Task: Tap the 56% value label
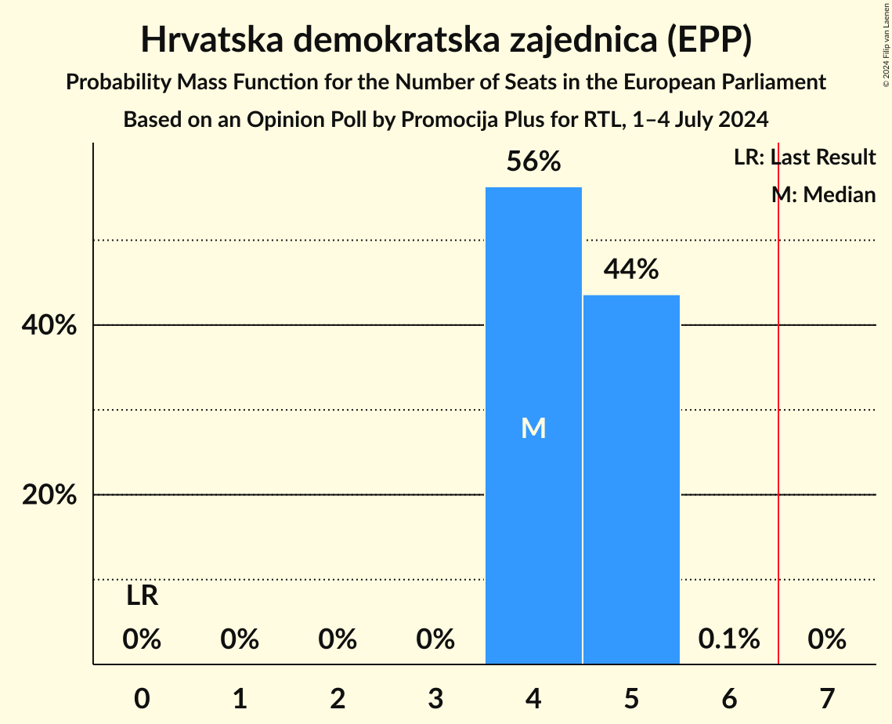(x=533, y=161)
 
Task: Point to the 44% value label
(x=631, y=270)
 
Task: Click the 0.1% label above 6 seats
(x=729, y=639)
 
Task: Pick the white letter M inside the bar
(x=533, y=428)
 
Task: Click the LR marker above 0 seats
(x=143, y=597)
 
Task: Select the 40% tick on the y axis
(x=49, y=325)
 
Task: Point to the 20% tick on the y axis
(x=49, y=495)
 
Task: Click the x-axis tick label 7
(x=827, y=698)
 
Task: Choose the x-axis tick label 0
(x=142, y=698)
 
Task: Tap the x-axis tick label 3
(x=435, y=698)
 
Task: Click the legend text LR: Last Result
(x=804, y=157)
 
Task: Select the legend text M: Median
(x=823, y=194)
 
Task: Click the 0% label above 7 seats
(x=827, y=639)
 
